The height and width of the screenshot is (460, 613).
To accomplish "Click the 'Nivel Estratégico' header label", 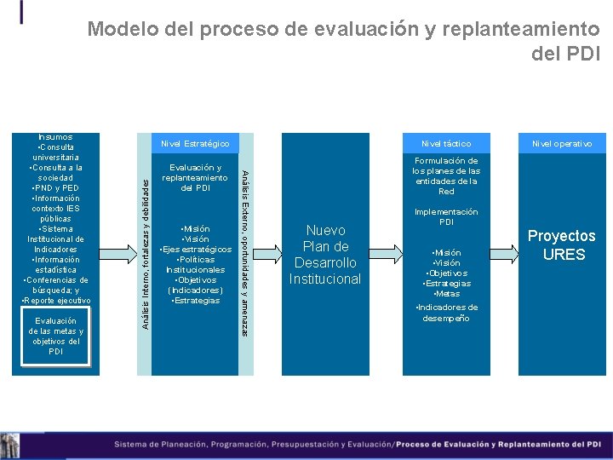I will click(195, 143).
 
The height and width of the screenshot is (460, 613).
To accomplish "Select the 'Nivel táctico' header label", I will click(446, 143).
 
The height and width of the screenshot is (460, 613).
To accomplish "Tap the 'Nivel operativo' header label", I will click(562, 143).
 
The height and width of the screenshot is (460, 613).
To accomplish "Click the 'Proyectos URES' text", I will click(562, 244).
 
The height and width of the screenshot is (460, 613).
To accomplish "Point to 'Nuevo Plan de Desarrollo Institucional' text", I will click(324, 254).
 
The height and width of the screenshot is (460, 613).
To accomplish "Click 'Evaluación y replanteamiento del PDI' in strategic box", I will click(195, 177).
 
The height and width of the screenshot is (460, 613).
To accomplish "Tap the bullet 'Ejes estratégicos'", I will click(195, 249).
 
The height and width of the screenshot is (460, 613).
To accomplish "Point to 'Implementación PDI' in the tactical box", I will click(446, 216).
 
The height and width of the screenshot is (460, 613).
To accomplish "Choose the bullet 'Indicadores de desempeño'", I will click(446, 313).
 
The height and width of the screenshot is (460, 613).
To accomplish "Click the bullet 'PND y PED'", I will click(55, 187).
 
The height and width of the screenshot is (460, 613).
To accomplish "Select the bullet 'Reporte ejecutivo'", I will click(55, 300).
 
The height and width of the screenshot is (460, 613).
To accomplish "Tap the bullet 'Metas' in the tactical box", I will click(446, 293).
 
